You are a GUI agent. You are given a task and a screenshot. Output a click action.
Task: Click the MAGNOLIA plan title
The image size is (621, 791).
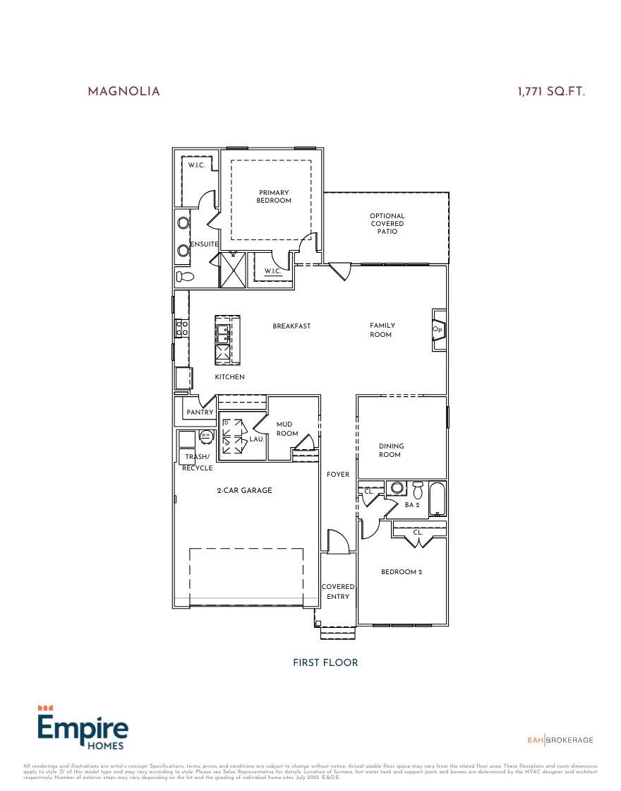(x=123, y=92)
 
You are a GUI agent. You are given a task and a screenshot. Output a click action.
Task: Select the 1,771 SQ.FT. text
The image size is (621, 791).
(x=551, y=92)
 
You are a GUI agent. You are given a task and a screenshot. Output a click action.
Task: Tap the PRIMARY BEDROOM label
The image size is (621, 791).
(x=274, y=196)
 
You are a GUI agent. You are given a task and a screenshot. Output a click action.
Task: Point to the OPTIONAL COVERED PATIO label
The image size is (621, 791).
(x=387, y=224)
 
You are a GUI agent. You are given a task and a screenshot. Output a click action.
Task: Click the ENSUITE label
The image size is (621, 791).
(x=204, y=244)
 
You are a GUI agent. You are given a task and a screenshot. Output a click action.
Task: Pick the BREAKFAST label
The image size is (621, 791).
(x=291, y=326)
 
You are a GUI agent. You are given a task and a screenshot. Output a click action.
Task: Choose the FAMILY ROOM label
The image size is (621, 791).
(x=382, y=330)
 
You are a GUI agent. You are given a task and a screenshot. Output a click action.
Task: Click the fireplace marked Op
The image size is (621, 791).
(x=438, y=330)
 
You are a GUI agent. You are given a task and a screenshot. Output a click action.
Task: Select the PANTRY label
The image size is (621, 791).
(x=200, y=412)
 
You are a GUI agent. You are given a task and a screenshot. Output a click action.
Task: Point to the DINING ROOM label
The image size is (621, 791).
(x=391, y=450)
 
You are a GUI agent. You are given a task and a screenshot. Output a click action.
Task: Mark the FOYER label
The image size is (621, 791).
(x=338, y=475)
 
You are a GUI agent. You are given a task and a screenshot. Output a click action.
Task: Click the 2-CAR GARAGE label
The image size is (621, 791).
(x=244, y=490)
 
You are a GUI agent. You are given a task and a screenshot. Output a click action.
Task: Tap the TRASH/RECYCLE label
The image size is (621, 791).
(x=197, y=462)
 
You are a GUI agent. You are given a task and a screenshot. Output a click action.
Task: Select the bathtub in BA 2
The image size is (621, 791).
(x=437, y=499)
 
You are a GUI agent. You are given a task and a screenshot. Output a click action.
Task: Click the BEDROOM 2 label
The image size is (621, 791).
(x=402, y=572)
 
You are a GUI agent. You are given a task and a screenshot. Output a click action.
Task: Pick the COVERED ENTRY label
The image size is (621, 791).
(x=338, y=591)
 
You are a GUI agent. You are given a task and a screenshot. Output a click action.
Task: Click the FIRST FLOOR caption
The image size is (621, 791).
(x=325, y=662)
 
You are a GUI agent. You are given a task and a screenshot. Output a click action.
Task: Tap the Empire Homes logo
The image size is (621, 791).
(x=83, y=727)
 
